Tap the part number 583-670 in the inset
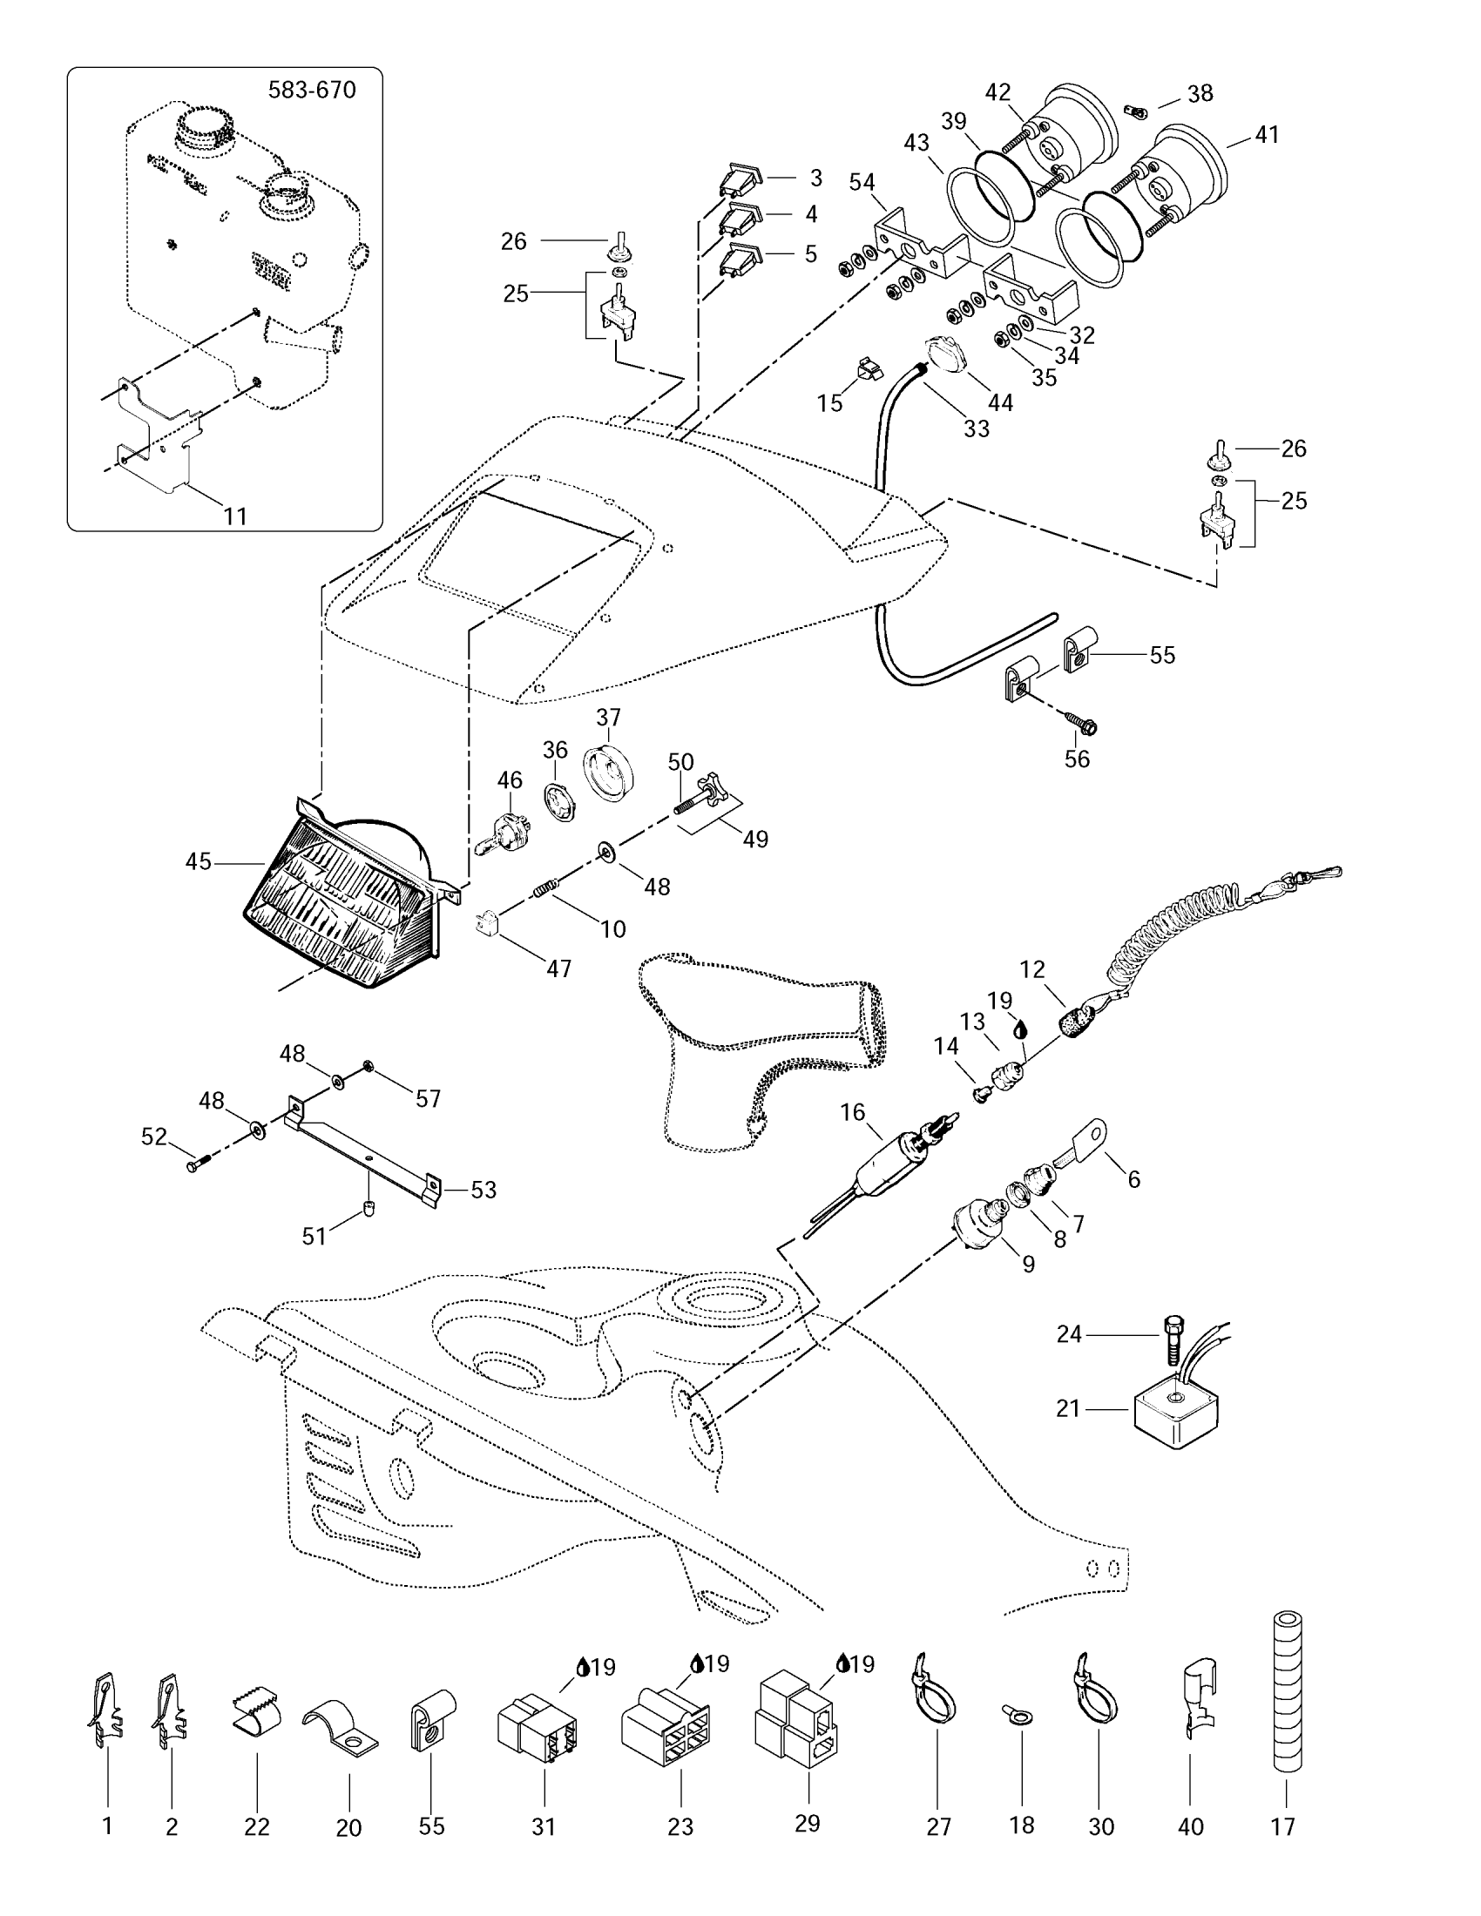[x=313, y=91]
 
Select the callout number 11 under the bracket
[x=234, y=516]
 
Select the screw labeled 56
[x=1084, y=724]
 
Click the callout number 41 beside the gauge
[x=1267, y=135]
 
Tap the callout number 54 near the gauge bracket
[x=862, y=182]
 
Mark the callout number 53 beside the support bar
[x=484, y=1190]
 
